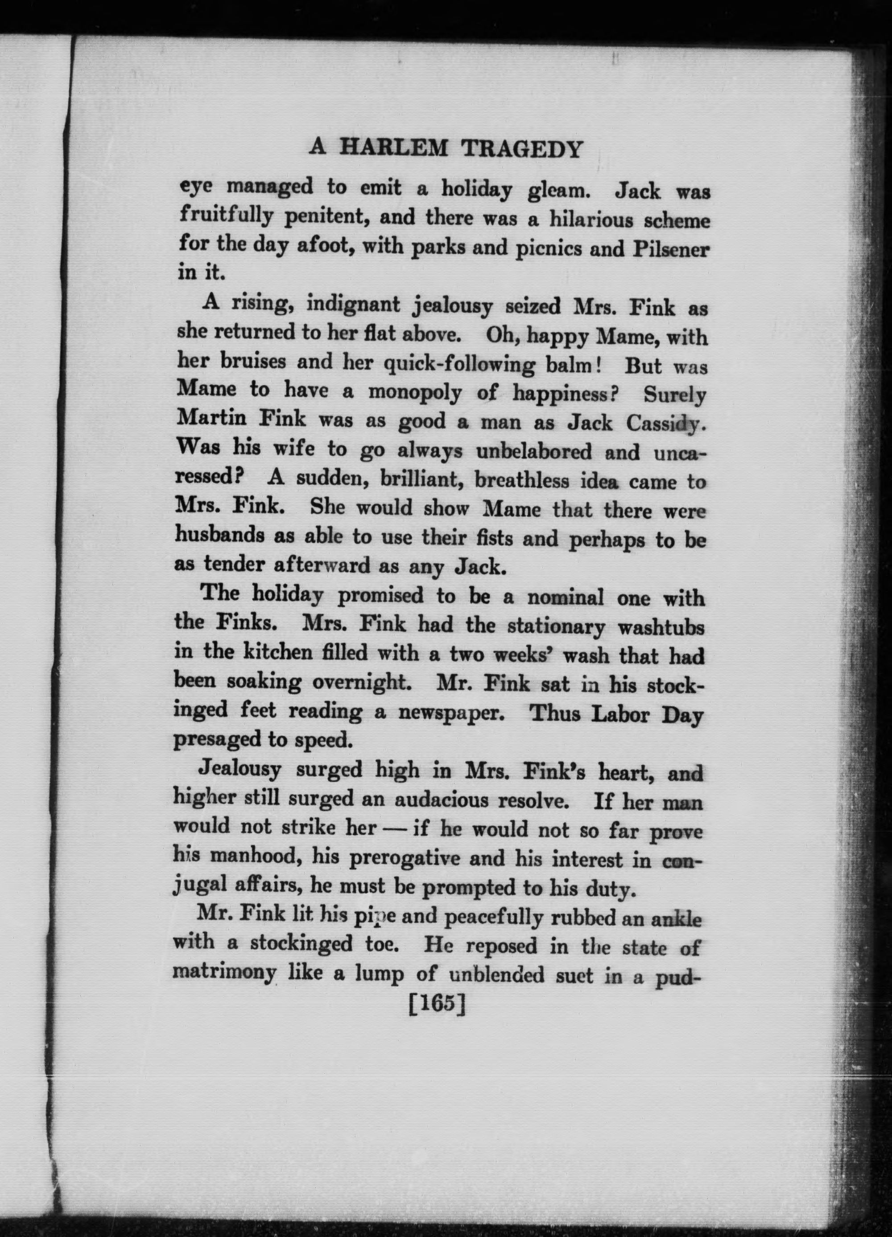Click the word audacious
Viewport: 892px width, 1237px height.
point(442,800)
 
